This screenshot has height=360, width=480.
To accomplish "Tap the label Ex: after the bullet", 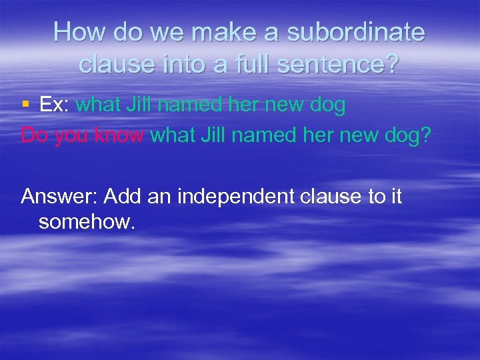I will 54,105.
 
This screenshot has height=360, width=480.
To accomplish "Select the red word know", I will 121,136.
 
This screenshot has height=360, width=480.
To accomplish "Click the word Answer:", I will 59,197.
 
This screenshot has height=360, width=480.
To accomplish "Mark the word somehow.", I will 87,222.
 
